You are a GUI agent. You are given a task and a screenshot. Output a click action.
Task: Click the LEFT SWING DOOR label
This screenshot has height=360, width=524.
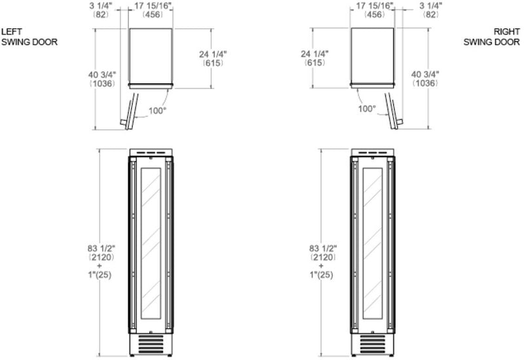(29, 37)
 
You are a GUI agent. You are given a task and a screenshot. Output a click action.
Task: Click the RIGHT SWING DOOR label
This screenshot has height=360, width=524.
(492, 37)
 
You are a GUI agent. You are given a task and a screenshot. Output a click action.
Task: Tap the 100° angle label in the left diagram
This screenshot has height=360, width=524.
(157, 111)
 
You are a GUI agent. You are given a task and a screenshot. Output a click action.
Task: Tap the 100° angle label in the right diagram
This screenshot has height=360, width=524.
(367, 109)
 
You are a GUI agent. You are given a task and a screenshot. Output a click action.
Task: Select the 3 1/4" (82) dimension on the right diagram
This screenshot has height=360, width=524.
(431, 10)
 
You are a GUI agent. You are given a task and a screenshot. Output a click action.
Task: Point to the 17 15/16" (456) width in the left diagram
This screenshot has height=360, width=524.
(153, 10)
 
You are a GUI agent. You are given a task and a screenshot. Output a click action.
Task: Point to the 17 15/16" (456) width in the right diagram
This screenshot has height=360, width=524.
(374, 10)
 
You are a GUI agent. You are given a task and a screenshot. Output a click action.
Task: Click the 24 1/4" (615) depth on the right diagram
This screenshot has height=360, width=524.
(314, 58)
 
